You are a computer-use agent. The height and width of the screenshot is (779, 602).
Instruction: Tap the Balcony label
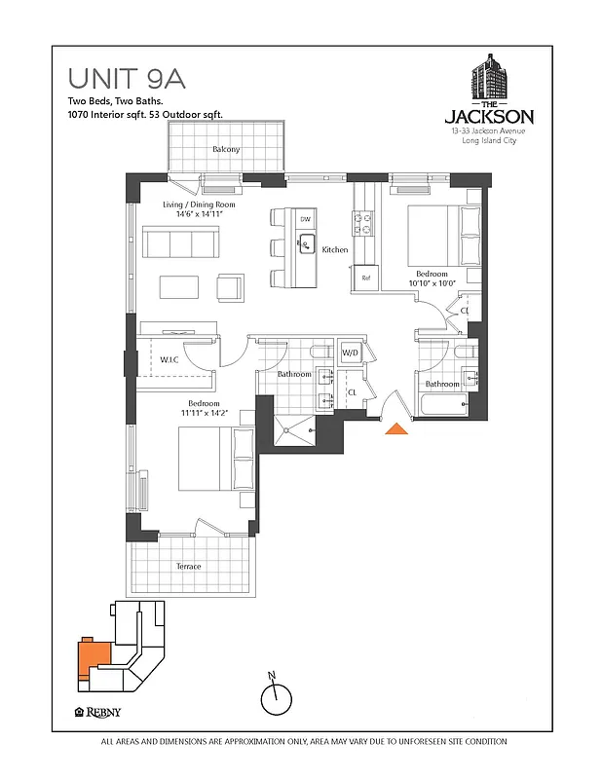(x=226, y=149)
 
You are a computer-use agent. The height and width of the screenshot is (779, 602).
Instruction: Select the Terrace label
(x=188, y=567)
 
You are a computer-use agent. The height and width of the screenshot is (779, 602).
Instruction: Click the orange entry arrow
(x=397, y=427)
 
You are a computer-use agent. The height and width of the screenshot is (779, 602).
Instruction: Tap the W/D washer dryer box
(x=350, y=352)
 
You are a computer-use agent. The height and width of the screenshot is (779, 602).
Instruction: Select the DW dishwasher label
(x=305, y=220)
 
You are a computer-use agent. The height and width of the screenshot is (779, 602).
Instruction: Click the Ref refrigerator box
(x=366, y=278)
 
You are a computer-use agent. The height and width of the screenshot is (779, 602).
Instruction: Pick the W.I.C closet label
(x=171, y=359)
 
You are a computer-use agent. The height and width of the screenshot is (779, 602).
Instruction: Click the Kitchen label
(x=335, y=250)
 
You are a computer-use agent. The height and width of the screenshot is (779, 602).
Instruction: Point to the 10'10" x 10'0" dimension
(x=433, y=284)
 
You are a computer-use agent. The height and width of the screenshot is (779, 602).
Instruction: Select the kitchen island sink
(x=306, y=241)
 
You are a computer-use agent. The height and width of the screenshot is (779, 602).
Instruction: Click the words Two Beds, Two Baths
(x=109, y=101)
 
